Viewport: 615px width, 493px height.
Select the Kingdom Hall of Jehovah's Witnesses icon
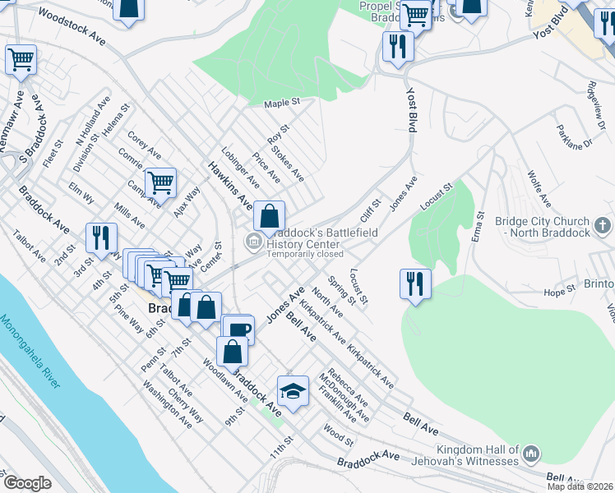(530, 452)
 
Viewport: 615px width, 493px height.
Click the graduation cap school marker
(292, 390)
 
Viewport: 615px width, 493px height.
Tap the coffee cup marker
(238, 329)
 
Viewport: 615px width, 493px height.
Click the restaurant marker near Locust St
(415, 283)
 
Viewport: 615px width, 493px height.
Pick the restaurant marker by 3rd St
(102, 237)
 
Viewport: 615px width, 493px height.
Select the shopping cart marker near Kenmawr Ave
(21, 59)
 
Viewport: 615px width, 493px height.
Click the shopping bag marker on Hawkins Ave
(269, 217)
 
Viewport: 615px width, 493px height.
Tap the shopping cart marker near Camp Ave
(160, 182)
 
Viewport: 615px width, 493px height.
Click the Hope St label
(558, 292)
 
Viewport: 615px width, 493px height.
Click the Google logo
(26, 482)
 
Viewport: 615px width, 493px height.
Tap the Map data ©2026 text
(580, 486)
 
